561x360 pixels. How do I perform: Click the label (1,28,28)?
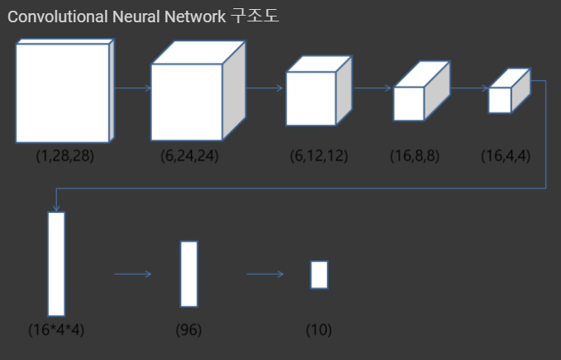tap(64, 156)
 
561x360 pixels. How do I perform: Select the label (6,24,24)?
tap(189, 156)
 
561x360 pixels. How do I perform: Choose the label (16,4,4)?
tap(506, 156)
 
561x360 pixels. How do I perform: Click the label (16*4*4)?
tap(56, 329)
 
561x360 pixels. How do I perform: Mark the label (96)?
tap(188, 329)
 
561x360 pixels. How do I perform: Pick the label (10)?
tap(318, 329)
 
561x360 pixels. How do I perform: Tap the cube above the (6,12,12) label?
tap(310, 98)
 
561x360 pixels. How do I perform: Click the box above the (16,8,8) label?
tap(409, 103)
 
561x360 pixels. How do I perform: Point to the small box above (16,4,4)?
tap(500, 99)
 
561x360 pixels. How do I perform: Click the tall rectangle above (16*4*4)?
tap(56, 263)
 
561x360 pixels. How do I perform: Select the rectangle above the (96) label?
tap(189, 273)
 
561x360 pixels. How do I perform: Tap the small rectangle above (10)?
tap(319, 274)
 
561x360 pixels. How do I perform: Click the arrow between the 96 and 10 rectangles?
tap(264, 274)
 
